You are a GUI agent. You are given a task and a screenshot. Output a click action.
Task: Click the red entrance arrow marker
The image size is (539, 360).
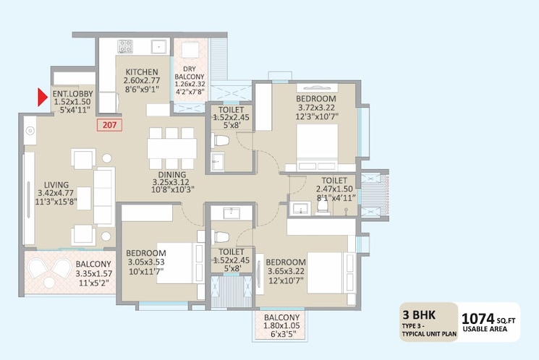pyautogui.click(x=42, y=98)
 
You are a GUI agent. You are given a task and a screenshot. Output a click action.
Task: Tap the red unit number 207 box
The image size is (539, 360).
pyautogui.click(x=109, y=124)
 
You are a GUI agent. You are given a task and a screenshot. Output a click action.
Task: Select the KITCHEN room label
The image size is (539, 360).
pyautogui.click(x=142, y=72)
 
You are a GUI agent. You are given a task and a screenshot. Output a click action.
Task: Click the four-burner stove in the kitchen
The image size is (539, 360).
pyautogui.click(x=125, y=47)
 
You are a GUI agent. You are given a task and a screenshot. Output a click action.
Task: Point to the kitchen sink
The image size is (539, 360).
pyautogui.click(x=159, y=47)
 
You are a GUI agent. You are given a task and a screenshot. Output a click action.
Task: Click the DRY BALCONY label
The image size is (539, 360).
pyautogui.click(x=190, y=73)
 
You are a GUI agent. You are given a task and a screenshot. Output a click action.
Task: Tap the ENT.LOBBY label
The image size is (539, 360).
pyautogui.click(x=72, y=93)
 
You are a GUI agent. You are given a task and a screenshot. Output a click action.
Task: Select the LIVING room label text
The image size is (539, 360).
pyautogui.click(x=56, y=185)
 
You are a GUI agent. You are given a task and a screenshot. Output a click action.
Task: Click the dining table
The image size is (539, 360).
pyautogui.click(x=172, y=148)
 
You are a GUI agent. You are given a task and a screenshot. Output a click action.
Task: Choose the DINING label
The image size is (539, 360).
pyautogui.click(x=172, y=174)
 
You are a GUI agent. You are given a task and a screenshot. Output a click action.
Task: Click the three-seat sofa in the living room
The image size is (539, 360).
pyautogui.click(x=104, y=197)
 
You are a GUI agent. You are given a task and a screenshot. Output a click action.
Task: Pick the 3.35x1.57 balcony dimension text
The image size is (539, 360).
pyautogui.click(x=94, y=274)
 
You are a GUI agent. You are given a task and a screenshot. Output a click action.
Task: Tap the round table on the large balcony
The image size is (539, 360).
pyautogui.click(x=49, y=283)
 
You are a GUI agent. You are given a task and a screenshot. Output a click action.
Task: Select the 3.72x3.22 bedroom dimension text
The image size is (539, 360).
pyautogui.click(x=316, y=108)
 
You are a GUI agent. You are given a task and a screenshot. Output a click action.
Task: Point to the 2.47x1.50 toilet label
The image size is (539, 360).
pyautogui.click(x=334, y=189)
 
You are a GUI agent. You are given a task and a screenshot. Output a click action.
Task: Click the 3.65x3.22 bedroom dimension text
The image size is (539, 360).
pyautogui.click(x=286, y=271)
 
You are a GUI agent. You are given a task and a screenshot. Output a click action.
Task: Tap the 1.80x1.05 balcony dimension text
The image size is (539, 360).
pyautogui.click(x=281, y=325)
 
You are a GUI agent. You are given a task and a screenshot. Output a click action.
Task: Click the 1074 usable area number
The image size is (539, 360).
pyautogui.click(x=478, y=319)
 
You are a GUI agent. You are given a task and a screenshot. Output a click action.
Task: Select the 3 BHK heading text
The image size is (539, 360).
pyautogui.click(x=419, y=314)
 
